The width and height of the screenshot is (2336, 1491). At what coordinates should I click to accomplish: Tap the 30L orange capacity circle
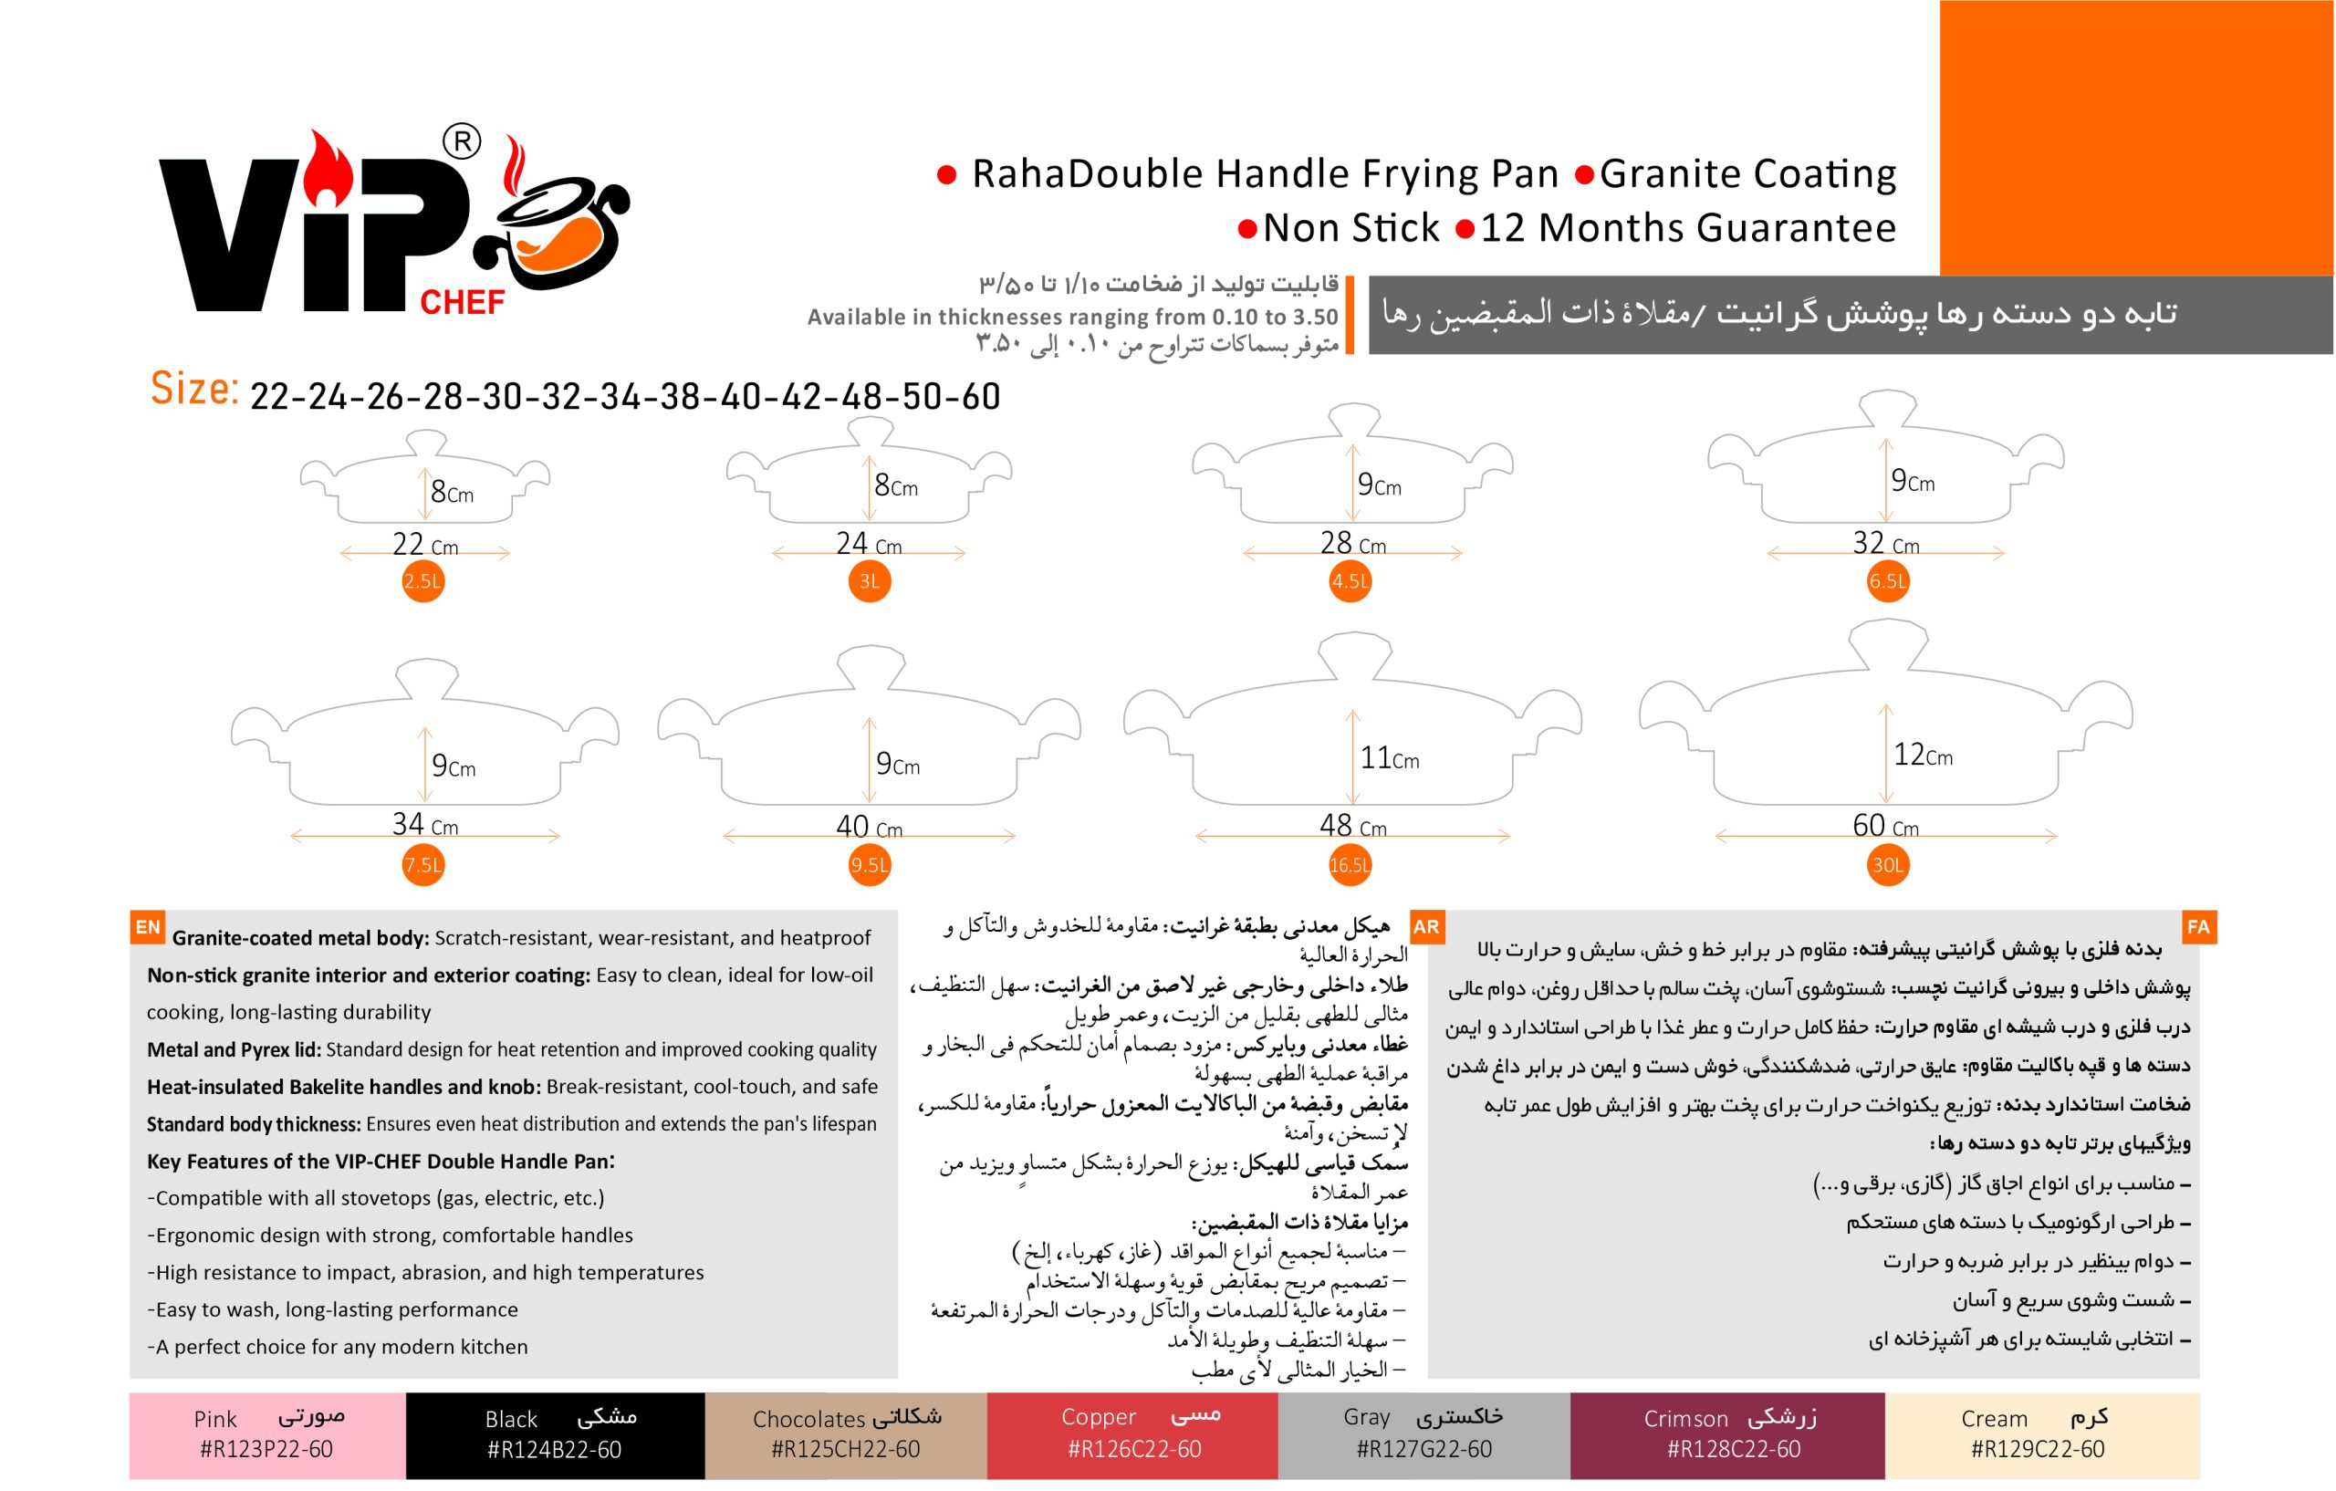tap(1888, 865)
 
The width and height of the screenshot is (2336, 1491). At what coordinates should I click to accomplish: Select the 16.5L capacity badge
tap(1350, 865)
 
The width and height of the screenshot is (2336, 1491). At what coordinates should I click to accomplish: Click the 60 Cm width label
tap(1885, 826)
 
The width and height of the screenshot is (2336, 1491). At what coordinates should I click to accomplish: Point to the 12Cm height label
tap(1923, 755)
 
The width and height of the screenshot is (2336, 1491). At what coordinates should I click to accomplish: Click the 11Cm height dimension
tap(1389, 757)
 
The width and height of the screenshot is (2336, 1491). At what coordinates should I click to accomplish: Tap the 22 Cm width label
tap(425, 544)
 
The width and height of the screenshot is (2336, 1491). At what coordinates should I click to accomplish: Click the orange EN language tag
tap(148, 927)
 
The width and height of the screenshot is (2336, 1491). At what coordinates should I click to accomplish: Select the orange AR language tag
tap(1426, 927)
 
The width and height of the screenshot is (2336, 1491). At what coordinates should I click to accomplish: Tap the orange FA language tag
tap(2198, 927)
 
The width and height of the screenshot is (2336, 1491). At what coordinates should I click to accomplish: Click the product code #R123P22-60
tap(266, 1449)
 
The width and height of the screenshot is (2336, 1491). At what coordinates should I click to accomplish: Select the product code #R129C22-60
tap(2038, 1449)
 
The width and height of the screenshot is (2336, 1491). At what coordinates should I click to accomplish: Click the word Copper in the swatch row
tap(1098, 1417)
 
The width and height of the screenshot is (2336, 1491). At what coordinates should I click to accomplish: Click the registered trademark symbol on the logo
tap(462, 142)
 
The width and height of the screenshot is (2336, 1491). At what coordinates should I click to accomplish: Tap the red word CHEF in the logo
tap(462, 303)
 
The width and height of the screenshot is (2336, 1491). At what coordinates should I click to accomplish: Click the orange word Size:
tap(195, 389)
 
